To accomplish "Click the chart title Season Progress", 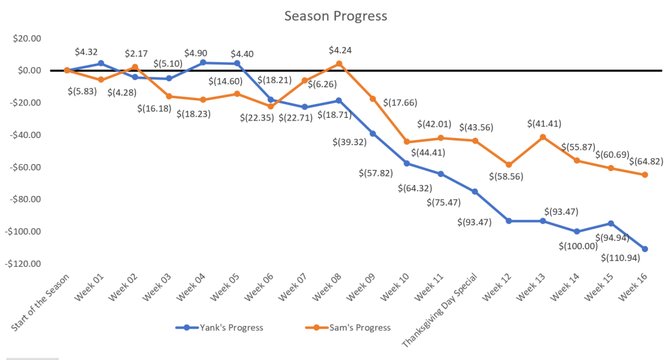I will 335,16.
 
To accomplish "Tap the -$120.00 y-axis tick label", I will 25,264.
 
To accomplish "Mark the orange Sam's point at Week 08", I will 339,64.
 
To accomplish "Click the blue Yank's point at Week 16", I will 645,249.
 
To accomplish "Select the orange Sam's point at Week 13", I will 543,137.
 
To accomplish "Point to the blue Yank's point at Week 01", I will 101,63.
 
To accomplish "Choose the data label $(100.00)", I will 578,246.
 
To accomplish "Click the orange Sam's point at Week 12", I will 509,165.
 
